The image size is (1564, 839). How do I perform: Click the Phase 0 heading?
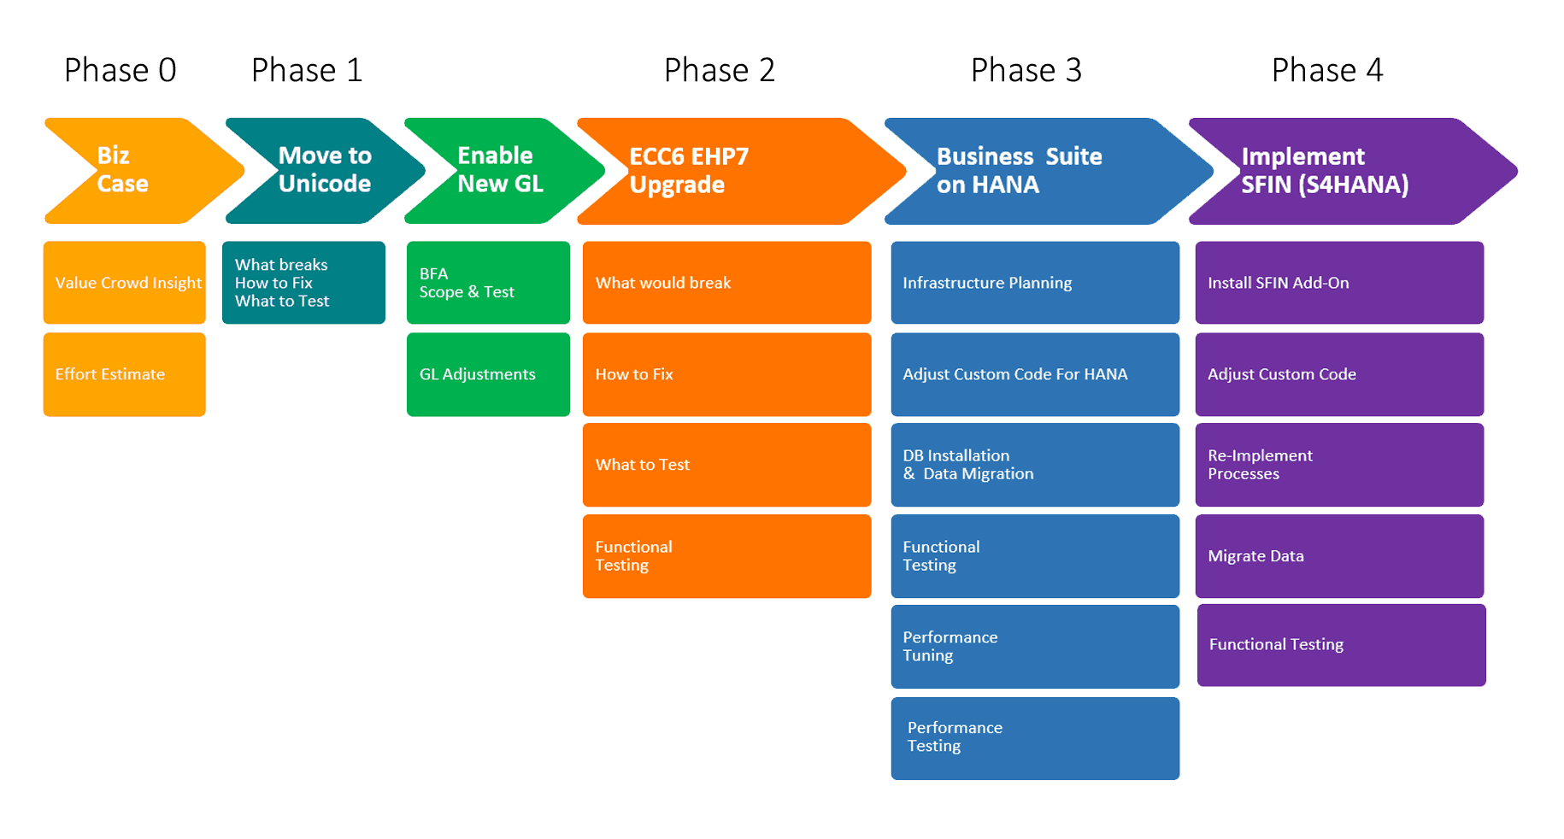[x=121, y=70]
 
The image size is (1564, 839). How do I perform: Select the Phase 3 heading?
[x=1026, y=70]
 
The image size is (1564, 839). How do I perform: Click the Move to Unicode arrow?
[x=324, y=170]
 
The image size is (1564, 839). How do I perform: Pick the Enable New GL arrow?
[x=500, y=170]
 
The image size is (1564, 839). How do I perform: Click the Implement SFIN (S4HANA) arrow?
[x=1333, y=171]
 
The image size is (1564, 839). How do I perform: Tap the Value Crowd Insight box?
[x=125, y=283]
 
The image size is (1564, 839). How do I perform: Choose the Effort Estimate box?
[x=125, y=374]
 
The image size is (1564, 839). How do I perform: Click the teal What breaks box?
[x=303, y=283]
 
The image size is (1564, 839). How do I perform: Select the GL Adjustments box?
[x=488, y=374]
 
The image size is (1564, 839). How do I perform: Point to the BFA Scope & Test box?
[x=488, y=283]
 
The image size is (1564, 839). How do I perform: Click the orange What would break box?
[x=726, y=283]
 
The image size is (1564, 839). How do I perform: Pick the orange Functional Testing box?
[x=726, y=556]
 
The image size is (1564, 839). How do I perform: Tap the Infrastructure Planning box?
[x=1035, y=283]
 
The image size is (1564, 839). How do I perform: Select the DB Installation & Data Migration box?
[x=1035, y=465]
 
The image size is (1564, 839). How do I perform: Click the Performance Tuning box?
[x=1035, y=647]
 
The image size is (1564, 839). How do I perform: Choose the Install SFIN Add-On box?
[x=1339, y=283]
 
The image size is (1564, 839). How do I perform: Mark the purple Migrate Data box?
[x=1339, y=556]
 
